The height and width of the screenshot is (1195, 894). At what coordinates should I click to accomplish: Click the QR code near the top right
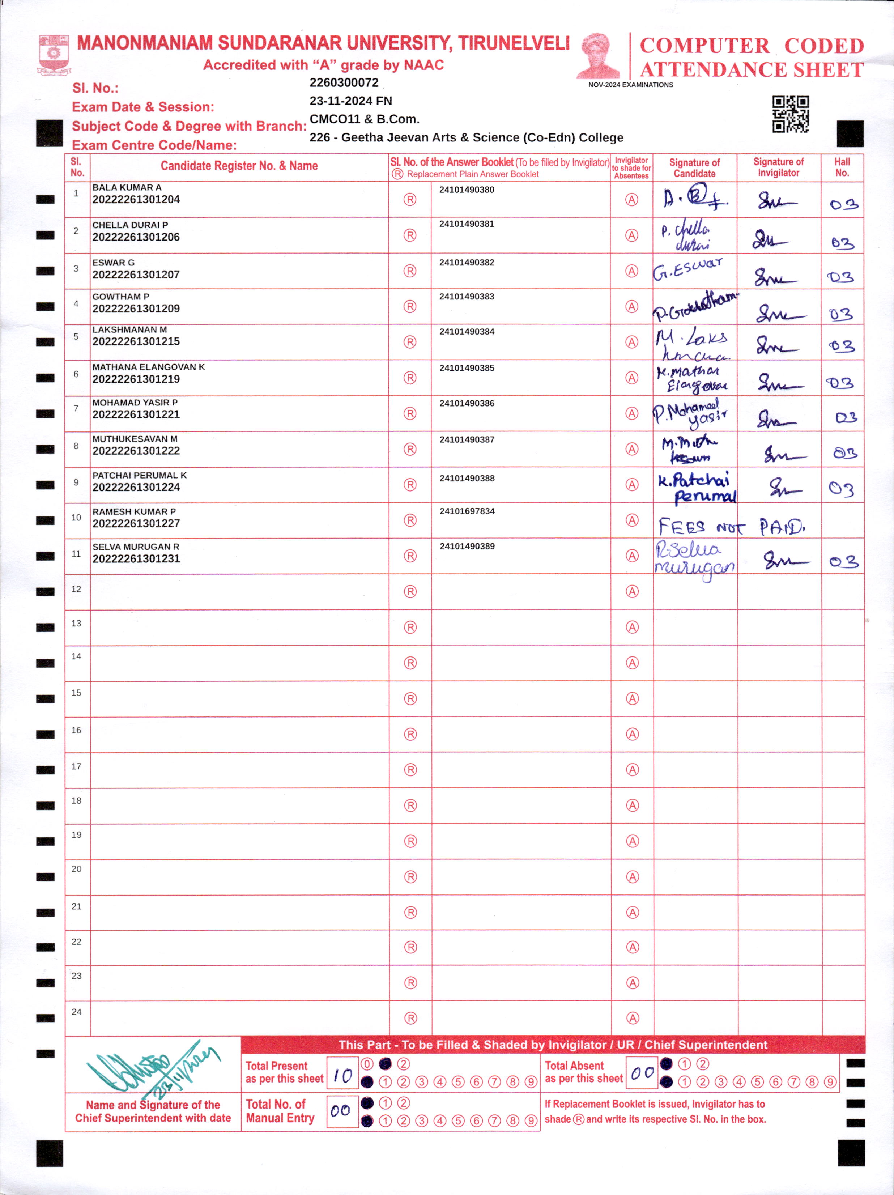(790, 114)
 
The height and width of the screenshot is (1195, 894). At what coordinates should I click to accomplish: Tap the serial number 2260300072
(344, 83)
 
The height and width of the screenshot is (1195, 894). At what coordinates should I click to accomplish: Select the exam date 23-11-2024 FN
(350, 101)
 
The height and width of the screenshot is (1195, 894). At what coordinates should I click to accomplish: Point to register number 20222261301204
(136, 199)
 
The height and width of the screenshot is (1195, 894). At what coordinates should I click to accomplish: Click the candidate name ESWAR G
(114, 263)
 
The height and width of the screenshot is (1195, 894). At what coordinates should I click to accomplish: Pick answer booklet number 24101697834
(467, 511)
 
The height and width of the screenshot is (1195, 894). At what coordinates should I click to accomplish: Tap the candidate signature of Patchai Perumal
(696, 487)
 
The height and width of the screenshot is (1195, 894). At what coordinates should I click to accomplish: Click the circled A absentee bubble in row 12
(632, 592)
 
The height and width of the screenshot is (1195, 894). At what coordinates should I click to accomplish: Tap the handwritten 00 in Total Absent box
(642, 1073)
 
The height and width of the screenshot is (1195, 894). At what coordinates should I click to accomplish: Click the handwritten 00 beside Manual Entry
(341, 1111)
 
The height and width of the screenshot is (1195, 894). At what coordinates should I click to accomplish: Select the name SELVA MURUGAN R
(136, 547)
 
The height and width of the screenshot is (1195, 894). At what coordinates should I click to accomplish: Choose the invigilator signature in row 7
(776, 419)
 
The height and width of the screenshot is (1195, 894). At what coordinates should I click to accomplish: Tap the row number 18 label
(76, 801)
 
